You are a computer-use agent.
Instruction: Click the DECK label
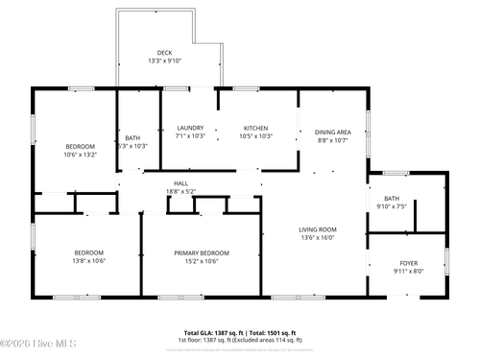(x=165, y=52)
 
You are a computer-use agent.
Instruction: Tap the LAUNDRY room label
(x=190, y=129)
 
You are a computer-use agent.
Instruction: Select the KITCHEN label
(x=255, y=129)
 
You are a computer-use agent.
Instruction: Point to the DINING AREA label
(x=333, y=132)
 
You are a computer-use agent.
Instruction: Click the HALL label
(x=180, y=183)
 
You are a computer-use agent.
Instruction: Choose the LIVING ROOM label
(x=317, y=229)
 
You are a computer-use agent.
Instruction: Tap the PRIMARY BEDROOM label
(x=202, y=252)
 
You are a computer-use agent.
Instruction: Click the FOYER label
(x=408, y=262)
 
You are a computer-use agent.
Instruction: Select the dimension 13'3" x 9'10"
(x=165, y=60)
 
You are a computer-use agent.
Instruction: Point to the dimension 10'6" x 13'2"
(x=81, y=154)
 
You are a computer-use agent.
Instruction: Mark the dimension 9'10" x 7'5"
(x=392, y=205)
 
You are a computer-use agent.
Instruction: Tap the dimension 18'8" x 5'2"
(x=180, y=192)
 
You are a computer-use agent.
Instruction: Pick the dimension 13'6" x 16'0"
(x=317, y=238)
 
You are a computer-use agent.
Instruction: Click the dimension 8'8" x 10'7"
(x=333, y=140)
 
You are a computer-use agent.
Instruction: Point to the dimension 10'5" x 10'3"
(x=255, y=136)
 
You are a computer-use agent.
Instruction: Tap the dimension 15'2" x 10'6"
(x=202, y=261)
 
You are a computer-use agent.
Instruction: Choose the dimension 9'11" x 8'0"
(x=408, y=271)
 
